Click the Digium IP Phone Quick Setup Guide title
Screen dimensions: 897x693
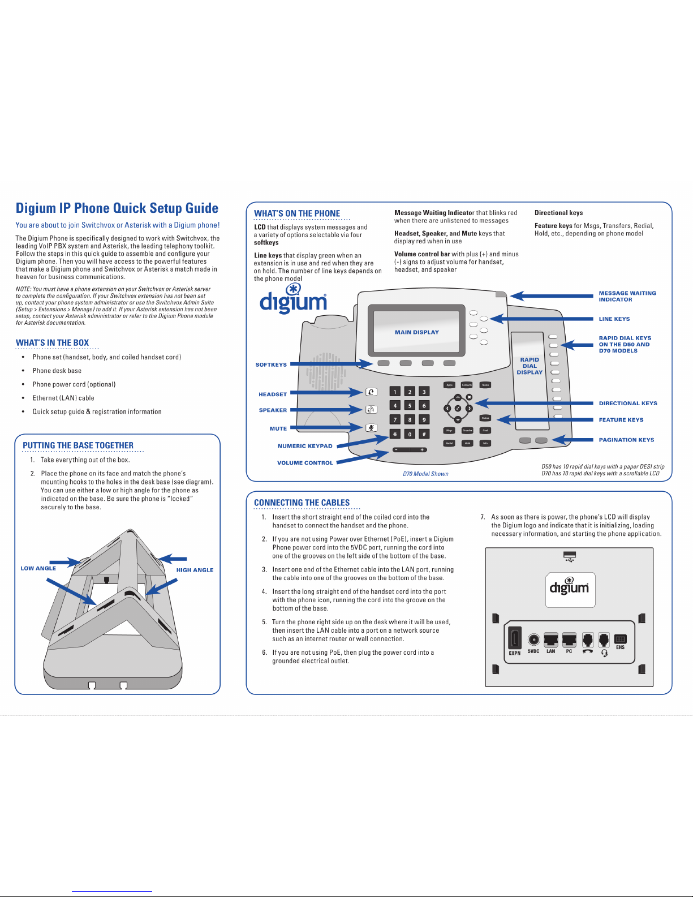click(x=117, y=208)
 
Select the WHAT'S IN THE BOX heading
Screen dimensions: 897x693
click(x=52, y=343)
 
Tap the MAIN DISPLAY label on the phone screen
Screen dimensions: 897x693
click(x=417, y=333)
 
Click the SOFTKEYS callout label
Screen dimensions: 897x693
click(x=271, y=365)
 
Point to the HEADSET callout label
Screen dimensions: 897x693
click(x=273, y=394)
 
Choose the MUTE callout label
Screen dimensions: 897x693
click(x=278, y=429)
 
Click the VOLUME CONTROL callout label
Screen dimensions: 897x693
click(x=305, y=463)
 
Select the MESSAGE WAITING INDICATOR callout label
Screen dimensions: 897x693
click(x=627, y=297)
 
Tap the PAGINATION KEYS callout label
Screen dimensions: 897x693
click(x=626, y=440)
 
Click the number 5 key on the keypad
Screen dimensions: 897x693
click(x=410, y=406)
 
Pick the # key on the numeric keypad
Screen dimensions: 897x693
click(x=424, y=434)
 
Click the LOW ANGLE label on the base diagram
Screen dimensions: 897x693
click(x=38, y=568)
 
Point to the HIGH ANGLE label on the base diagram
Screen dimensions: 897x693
click(x=195, y=570)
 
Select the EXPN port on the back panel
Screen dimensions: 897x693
click(x=514, y=640)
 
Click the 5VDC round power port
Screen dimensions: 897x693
click(x=533, y=640)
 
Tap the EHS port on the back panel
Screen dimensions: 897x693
click(x=620, y=640)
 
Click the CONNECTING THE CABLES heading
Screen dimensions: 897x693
click(x=302, y=503)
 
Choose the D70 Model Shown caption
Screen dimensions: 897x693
click(x=425, y=474)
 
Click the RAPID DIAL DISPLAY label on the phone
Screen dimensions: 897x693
click(x=530, y=366)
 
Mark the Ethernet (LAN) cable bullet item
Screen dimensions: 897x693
click(x=63, y=398)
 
